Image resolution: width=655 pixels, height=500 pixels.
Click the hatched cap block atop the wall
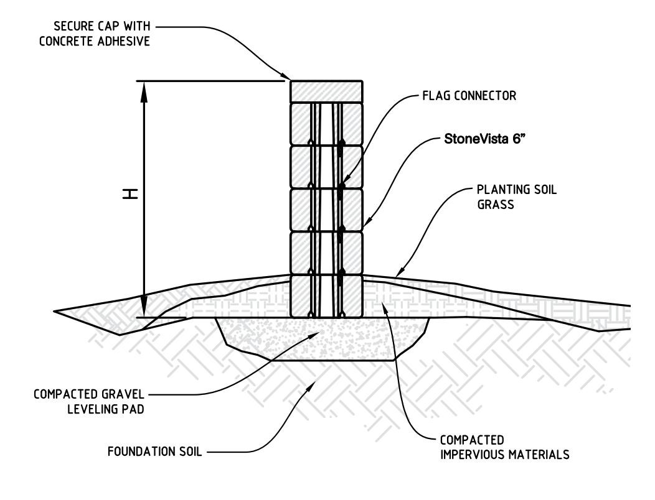click(x=326, y=91)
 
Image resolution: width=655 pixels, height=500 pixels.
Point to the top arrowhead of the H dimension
click(x=144, y=87)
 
